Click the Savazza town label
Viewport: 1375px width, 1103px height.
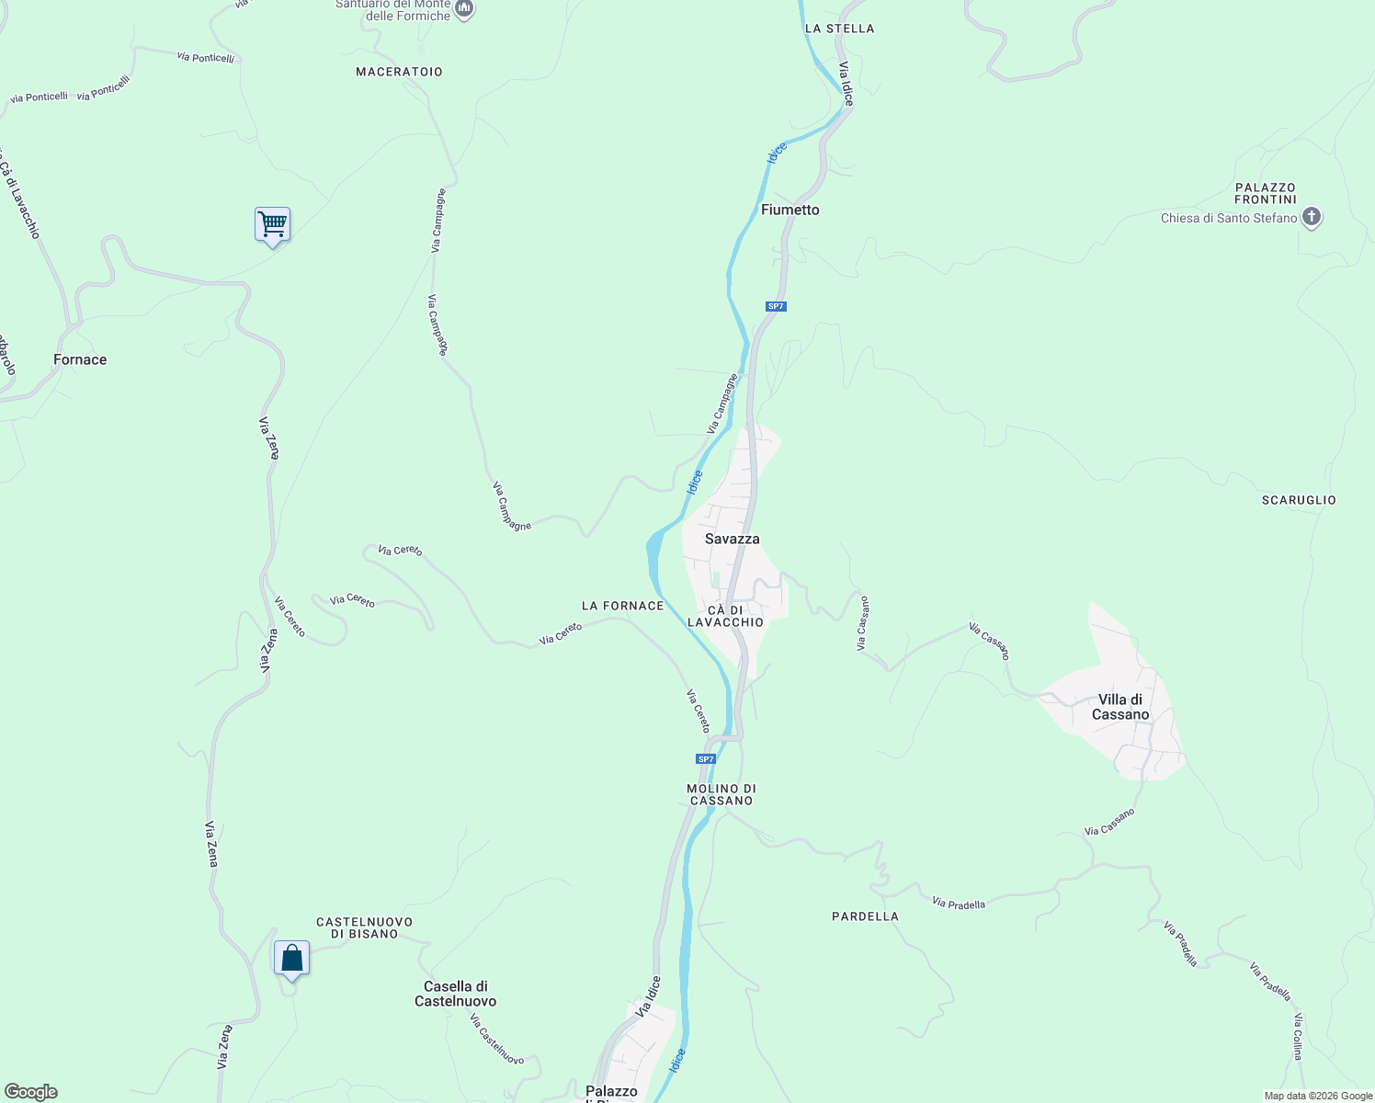[x=733, y=539]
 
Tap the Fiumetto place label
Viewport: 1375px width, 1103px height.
[x=790, y=210]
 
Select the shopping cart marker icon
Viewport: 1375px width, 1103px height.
[x=272, y=224]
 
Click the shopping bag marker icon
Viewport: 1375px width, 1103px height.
[x=291, y=959]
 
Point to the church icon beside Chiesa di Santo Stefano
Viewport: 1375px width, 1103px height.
[x=1312, y=218]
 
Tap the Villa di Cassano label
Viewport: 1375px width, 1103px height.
[x=1120, y=707]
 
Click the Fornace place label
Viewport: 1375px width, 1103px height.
[x=80, y=359]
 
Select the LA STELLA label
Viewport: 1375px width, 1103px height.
[x=839, y=28]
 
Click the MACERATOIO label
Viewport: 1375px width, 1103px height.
[x=399, y=72]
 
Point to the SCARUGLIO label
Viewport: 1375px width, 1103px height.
[x=1299, y=500]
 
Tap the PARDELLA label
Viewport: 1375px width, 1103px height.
[x=865, y=916]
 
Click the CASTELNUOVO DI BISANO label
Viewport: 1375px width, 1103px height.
[x=364, y=927]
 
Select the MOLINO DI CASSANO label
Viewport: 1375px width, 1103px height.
[x=722, y=794]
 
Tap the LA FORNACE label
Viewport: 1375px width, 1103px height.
[x=622, y=606]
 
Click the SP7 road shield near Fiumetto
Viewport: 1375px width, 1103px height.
[x=776, y=306]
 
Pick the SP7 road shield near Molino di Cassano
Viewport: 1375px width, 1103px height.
[x=705, y=759]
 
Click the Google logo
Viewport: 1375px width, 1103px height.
[x=30, y=1092]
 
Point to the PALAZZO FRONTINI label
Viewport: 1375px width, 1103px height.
[x=1266, y=193]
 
